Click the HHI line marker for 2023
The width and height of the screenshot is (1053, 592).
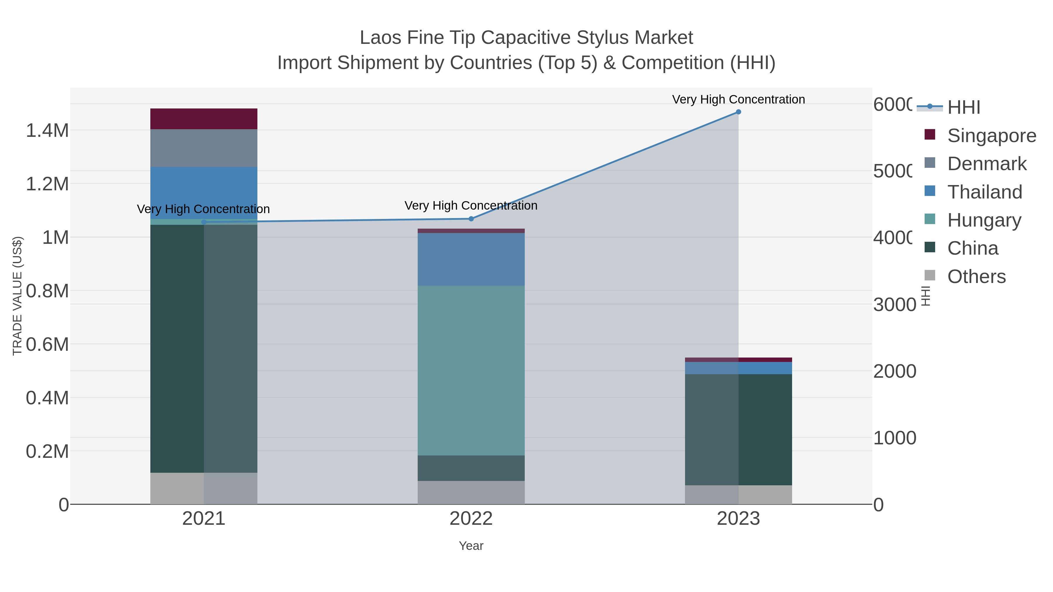tap(738, 112)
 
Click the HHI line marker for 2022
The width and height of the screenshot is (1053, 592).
tap(471, 219)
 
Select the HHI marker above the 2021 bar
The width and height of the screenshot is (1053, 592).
tap(204, 222)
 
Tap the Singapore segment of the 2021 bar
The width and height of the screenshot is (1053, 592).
tap(204, 119)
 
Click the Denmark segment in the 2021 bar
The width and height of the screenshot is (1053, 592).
tap(204, 148)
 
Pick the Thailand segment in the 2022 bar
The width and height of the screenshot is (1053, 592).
tap(471, 259)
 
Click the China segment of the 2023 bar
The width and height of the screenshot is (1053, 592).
tap(738, 429)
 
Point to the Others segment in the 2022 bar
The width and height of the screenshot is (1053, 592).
tap(471, 492)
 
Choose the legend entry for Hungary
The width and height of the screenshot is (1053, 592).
tap(984, 220)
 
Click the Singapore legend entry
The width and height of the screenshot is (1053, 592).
tap(991, 136)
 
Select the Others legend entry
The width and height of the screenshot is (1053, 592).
tap(976, 277)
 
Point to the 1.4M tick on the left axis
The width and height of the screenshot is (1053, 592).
tap(47, 131)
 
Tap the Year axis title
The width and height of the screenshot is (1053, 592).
tap(471, 546)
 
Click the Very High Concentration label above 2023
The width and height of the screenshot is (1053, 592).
tap(738, 99)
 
